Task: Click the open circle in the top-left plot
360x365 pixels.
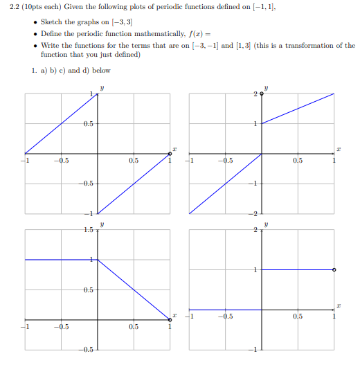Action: tap(170, 154)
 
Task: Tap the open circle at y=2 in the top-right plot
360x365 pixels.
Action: tap(262, 94)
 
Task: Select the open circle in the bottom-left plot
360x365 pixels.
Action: tap(170, 319)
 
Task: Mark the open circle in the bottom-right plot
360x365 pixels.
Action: tap(334, 269)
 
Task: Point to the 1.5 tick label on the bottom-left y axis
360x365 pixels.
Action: tap(88, 230)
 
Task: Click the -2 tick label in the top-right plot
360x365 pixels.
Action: tap(254, 213)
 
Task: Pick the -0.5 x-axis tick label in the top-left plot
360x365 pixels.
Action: tap(62, 161)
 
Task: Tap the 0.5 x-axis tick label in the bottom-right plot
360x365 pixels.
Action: tap(297, 317)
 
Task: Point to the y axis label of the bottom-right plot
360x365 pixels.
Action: tap(266, 224)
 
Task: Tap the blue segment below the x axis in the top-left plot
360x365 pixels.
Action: tap(133, 184)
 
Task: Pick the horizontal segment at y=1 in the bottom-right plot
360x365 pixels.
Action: tap(298, 269)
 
